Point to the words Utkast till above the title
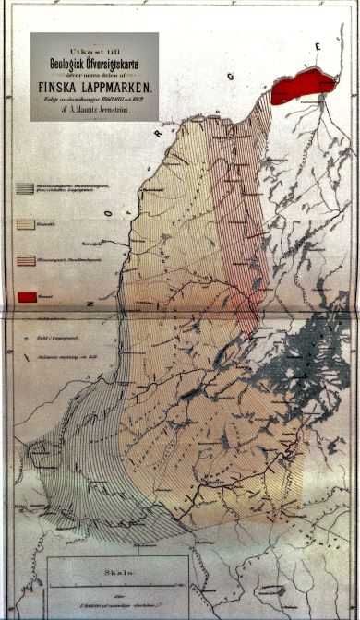94,42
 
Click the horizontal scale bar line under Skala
120,585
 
